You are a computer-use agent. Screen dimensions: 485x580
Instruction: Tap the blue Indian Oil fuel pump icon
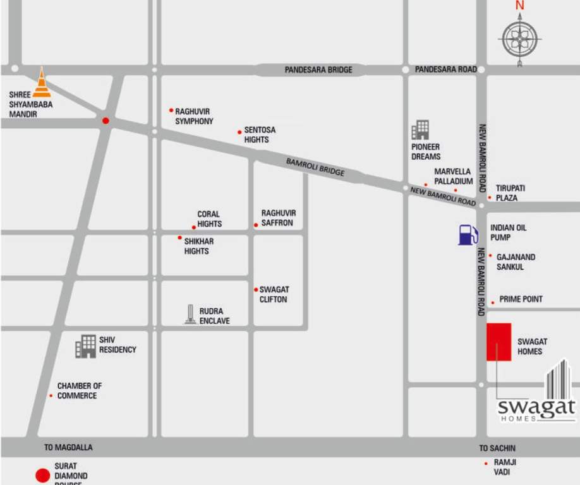click(x=468, y=235)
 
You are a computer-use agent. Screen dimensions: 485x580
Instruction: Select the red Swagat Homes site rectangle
click(x=498, y=342)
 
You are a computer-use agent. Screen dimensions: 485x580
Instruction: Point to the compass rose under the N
click(x=519, y=39)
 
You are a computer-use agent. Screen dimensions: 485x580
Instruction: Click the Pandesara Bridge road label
click(x=318, y=69)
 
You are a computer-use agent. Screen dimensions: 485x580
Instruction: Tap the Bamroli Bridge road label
click(x=315, y=167)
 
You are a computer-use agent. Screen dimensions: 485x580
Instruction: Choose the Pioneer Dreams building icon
click(x=420, y=130)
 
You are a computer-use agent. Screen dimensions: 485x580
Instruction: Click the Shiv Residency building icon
click(x=85, y=346)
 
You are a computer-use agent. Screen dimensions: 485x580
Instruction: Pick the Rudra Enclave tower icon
click(x=190, y=314)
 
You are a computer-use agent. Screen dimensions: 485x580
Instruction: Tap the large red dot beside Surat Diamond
click(x=42, y=476)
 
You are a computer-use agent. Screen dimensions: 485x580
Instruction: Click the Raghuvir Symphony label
click(x=194, y=116)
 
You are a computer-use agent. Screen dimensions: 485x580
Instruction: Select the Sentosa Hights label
click(x=259, y=135)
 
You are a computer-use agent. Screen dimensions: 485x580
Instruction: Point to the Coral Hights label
click(x=209, y=219)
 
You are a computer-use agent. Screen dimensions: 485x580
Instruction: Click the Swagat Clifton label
click(x=274, y=294)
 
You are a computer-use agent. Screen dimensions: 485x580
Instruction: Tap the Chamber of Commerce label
click(x=79, y=390)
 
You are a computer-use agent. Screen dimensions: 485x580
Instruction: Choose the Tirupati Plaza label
click(x=510, y=193)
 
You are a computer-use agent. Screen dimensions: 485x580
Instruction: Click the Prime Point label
click(x=521, y=299)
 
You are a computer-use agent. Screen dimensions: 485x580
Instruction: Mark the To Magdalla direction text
click(x=68, y=447)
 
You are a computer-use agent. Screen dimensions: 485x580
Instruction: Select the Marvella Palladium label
click(x=453, y=176)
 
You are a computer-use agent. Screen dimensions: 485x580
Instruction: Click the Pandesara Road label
click(x=445, y=69)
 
